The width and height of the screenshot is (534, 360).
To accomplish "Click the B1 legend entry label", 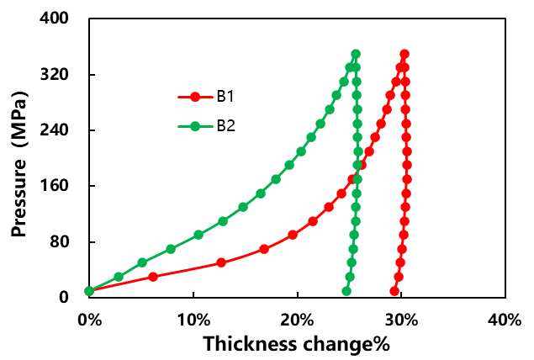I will (x=225, y=97).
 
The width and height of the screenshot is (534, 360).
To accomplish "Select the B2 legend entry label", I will (x=225, y=126).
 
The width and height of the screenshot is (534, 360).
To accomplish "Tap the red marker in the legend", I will (x=195, y=97).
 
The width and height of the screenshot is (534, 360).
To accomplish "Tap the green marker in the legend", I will (x=195, y=126).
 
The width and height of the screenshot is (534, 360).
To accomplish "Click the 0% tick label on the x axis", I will (x=89, y=320).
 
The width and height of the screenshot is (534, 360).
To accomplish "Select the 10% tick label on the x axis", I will (x=193, y=320).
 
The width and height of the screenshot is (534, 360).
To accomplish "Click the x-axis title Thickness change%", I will (x=296, y=343).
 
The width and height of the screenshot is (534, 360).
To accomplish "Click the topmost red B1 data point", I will (x=404, y=54).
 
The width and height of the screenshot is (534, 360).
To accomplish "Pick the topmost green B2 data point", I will (x=356, y=54).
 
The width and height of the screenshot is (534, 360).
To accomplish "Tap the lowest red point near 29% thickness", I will (x=394, y=291).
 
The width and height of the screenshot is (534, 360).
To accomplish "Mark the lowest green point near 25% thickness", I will (x=346, y=291).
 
